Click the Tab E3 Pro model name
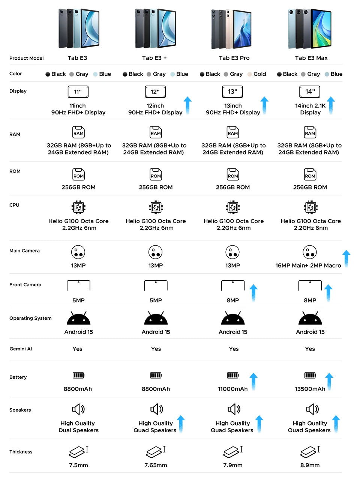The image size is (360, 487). (234, 58)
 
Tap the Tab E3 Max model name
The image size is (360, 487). (311, 58)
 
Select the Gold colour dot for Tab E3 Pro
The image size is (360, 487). (249, 74)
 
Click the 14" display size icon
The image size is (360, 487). (309, 92)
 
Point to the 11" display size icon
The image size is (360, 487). (78, 92)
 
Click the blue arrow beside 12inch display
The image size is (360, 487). (187, 105)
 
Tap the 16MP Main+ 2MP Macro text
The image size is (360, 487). (308, 266)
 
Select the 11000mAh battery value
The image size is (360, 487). (232, 389)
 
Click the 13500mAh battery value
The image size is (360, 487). (310, 389)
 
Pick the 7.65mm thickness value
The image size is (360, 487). (156, 465)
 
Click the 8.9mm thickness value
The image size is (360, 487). (310, 465)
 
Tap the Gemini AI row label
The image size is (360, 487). (21, 349)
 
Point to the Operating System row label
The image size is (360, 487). (30, 318)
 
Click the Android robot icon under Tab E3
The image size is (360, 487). (79, 318)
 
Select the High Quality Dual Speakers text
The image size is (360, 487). (78, 427)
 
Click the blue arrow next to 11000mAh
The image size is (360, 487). (253, 382)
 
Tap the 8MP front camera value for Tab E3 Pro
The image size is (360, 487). (232, 301)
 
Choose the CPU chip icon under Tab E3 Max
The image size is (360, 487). (310, 207)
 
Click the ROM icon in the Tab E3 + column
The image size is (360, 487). (156, 174)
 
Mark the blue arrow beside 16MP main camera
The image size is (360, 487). (346, 259)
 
